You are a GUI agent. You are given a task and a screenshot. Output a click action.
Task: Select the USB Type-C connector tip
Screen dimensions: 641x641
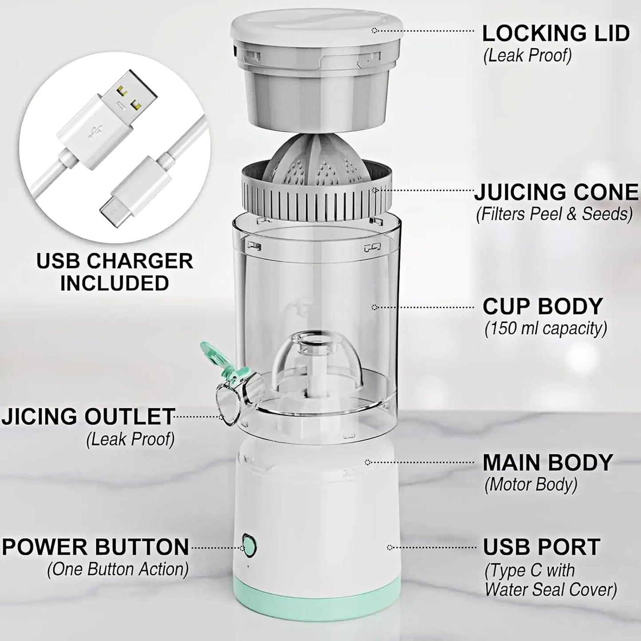[113, 213]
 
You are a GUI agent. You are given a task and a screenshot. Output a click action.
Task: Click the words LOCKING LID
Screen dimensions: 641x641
[556, 33]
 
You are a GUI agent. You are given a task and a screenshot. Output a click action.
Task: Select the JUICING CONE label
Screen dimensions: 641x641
[556, 192]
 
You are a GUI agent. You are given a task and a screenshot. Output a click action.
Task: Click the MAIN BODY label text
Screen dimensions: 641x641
[548, 462]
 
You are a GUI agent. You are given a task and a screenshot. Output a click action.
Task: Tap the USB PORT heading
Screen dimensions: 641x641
[541, 547]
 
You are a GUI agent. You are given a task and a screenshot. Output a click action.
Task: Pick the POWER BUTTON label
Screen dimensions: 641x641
[95, 547]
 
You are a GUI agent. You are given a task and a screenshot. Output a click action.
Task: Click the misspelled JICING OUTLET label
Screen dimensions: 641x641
[88, 417]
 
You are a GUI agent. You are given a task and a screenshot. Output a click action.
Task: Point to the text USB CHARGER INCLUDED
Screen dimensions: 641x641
[114, 272]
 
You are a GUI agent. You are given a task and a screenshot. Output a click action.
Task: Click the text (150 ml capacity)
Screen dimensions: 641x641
[546, 329]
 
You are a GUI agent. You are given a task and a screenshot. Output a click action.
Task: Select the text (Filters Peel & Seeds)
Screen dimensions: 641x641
[554, 214]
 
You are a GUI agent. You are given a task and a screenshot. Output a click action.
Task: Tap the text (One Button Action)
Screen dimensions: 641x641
[118, 569]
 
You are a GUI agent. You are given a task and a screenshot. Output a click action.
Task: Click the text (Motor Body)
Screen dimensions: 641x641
[531, 484]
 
